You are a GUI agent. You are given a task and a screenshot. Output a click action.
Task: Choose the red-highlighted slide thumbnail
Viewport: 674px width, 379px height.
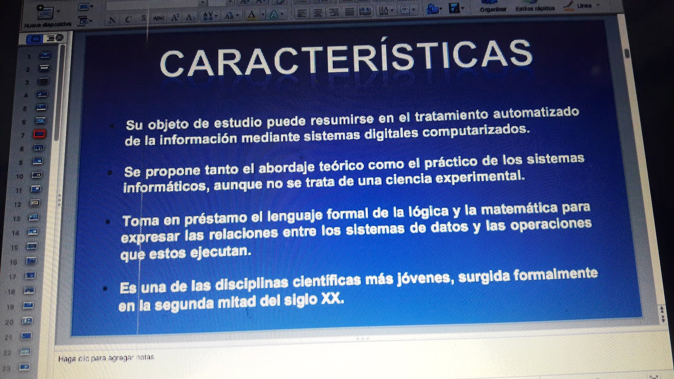coord(39,134)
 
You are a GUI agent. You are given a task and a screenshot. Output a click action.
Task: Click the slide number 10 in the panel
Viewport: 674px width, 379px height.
coord(20,176)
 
